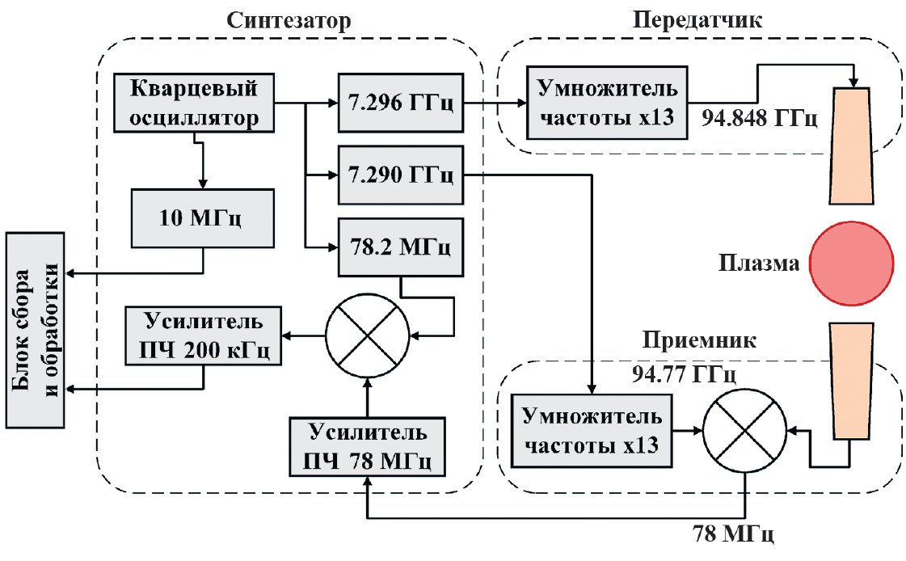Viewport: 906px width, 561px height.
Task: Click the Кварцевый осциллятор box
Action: [x=194, y=103]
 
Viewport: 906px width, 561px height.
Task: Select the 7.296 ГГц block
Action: [x=399, y=103]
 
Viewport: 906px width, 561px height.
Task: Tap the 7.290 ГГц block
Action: [x=399, y=174]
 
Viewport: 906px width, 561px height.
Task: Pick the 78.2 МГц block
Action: [x=399, y=246]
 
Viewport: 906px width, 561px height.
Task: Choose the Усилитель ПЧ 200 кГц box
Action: [x=203, y=335]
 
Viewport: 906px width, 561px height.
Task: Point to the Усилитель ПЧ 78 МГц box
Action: [x=369, y=447]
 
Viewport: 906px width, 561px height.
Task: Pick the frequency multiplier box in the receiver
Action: [x=593, y=432]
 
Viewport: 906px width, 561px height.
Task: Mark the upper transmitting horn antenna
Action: [x=852, y=144]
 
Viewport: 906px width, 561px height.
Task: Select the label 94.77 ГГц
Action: [x=684, y=374]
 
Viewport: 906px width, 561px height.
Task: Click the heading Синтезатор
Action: [x=289, y=19]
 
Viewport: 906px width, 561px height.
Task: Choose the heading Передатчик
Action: [x=697, y=19]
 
